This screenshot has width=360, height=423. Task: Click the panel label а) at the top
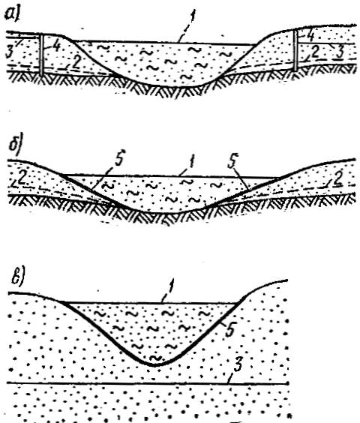(x=13, y=14)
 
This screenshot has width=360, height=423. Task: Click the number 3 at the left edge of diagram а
(x=10, y=51)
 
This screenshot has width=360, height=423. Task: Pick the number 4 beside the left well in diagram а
(x=56, y=46)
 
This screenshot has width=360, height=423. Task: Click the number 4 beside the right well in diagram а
(x=310, y=35)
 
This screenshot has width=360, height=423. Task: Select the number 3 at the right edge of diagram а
(x=340, y=51)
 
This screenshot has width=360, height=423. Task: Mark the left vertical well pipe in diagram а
(x=41, y=55)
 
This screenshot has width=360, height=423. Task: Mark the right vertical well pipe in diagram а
(x=295, y=50)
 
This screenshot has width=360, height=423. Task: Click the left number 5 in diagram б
(x=119, y=159)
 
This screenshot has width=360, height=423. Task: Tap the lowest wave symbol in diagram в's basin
(x=156, y=358)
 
